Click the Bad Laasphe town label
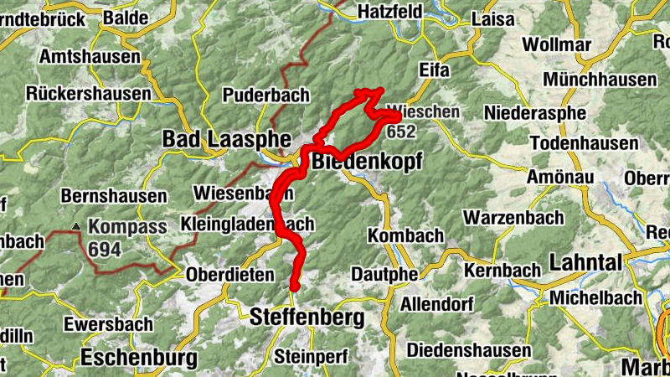[x=226, y=138]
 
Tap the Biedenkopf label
[x=366, y=161]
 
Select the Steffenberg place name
[x=307, y=318]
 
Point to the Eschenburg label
[x=139, y=359]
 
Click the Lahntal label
[x=585, y=262]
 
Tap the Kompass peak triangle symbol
[x=77, y=226]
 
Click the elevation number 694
[x=105, y=249]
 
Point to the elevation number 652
[x=401, y=131]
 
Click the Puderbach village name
[x=266, y=95]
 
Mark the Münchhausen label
[x=600, y=79]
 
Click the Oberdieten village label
[x=229, y=274]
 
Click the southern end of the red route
[x=294, y=289]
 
